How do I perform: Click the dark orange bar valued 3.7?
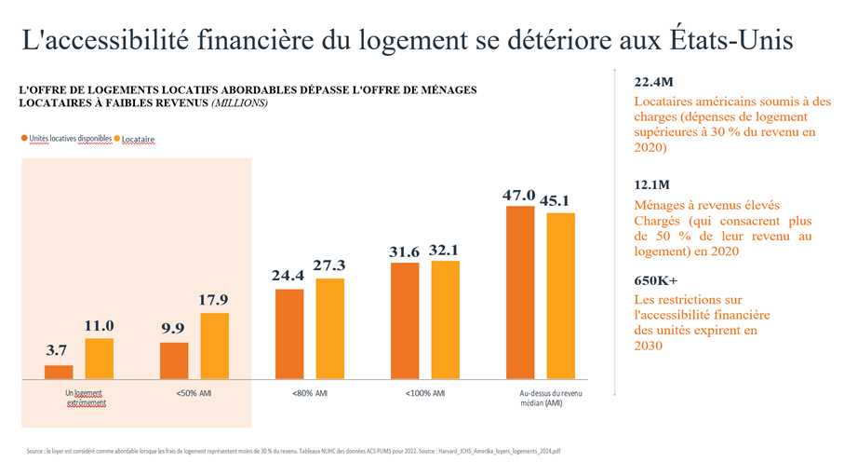point(59,373)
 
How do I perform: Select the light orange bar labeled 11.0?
point(100,359)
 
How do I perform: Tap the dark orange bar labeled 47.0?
point(520,292)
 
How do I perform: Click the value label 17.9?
point(214,300)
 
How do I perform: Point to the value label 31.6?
point(405,251)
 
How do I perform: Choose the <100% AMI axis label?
point(425,393)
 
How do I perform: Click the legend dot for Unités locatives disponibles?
point(24,138)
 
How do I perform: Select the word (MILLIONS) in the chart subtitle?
point(241,102)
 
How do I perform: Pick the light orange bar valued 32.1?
point(446,319)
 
